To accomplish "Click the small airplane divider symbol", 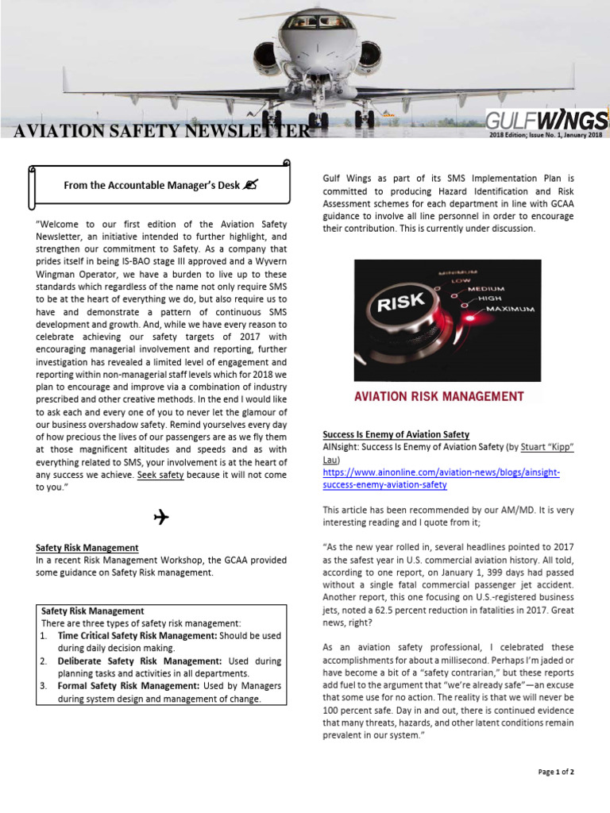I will tap(160, 518).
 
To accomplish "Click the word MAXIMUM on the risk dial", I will tap(506, 307).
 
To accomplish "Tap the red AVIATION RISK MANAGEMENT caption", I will tap(439, 396).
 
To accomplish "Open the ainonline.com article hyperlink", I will tap(441, 478).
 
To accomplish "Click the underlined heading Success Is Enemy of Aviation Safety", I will tap(396, 434).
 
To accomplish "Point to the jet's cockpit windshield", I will tap(306, 22).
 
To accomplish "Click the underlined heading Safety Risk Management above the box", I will tap(87, 548).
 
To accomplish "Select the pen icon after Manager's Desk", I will tap(251, 185).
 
